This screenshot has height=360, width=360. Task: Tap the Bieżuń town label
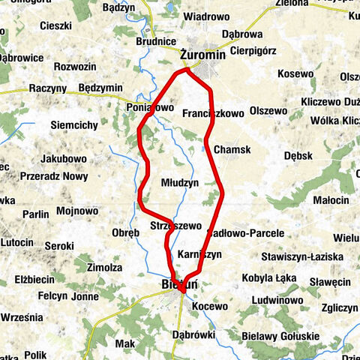178,285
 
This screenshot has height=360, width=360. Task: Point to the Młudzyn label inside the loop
180,182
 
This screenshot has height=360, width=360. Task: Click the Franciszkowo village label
213,114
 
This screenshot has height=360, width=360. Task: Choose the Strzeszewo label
175,225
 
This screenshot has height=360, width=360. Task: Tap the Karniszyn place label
200,255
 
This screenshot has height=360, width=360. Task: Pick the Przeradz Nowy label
54,176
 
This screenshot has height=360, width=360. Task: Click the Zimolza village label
104,267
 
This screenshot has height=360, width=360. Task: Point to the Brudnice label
156,41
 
